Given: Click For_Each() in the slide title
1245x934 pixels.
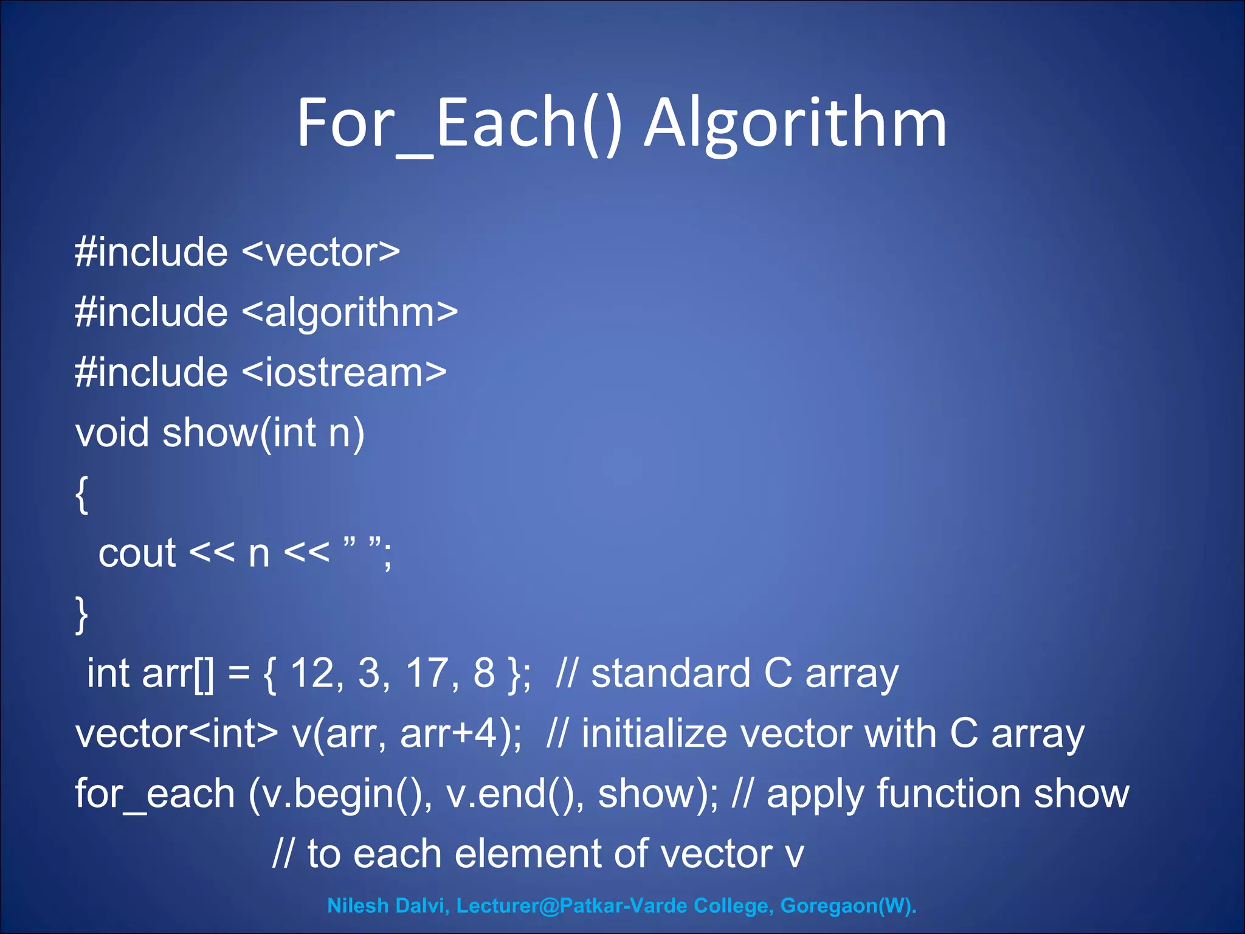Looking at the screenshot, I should click(460, 125).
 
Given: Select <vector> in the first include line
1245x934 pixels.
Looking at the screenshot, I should click(321, 252).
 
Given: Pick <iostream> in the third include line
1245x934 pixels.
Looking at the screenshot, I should click(344, 373).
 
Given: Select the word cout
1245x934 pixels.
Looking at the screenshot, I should click(137, 554).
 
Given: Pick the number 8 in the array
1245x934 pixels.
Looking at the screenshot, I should click(484, 673).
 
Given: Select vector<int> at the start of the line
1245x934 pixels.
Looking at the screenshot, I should click(176, 734).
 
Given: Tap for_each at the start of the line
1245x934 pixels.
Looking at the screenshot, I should click(155, 794).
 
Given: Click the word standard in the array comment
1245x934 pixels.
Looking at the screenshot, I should click(671, 673).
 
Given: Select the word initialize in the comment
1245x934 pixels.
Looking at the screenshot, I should click(654, 734).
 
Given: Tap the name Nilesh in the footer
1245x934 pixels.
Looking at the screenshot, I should click(357, 905).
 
